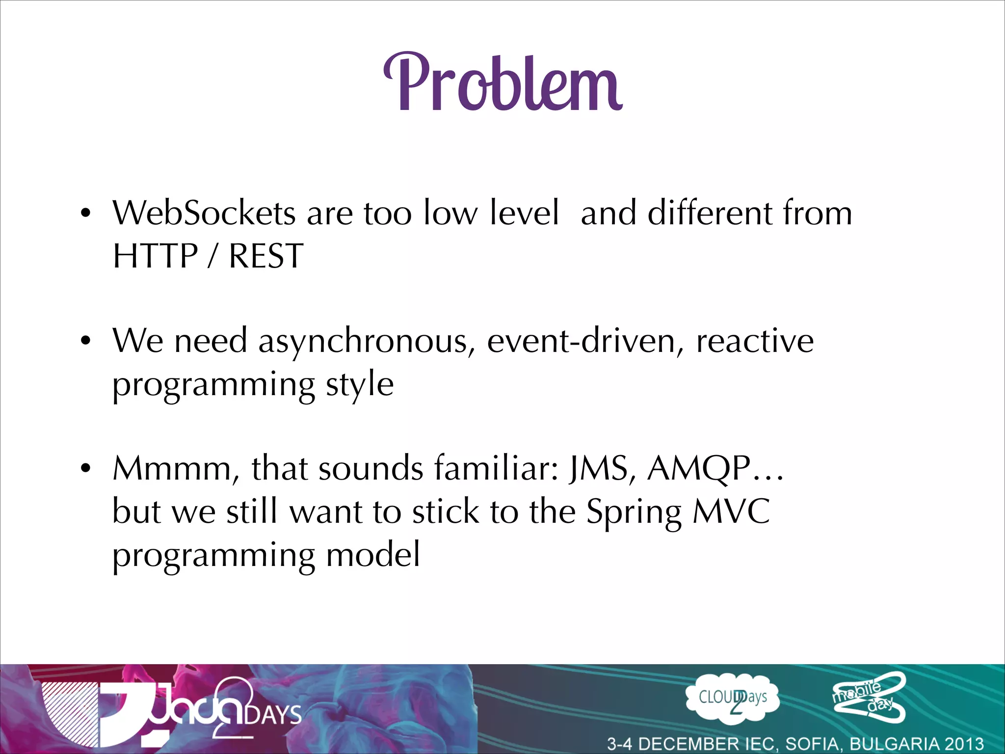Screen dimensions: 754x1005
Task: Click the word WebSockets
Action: click(x=204, y=213)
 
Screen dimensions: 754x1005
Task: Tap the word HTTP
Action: click(x=155, y=256)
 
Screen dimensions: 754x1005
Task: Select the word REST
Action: click(x=265, y=256)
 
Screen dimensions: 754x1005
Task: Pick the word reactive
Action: click(x=755, y=341)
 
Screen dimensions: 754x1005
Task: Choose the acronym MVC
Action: click(x=731, y=512)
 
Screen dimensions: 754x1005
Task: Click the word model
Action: click(x=373, y=555)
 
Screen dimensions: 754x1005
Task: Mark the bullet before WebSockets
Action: click(x=86, y=214)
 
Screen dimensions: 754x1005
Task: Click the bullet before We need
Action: click(x=86, y=341)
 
